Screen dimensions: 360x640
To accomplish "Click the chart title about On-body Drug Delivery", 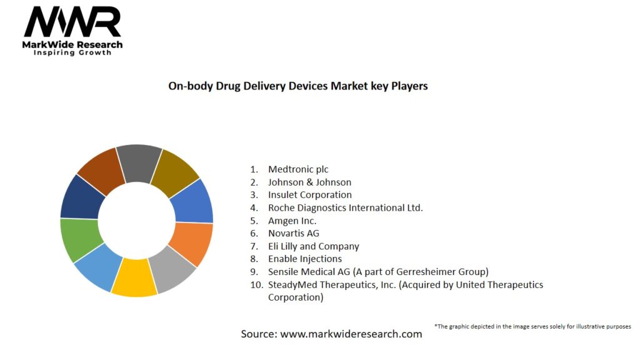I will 298,86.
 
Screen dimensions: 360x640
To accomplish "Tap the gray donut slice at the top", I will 139,162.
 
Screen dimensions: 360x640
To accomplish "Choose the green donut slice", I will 78,239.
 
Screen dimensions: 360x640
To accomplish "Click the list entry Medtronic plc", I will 298,169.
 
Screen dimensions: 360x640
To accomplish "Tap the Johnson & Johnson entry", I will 309,182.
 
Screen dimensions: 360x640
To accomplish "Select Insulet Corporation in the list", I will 309,195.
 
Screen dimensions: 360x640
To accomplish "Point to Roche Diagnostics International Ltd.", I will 345,207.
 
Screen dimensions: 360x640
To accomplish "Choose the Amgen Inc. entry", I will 292,221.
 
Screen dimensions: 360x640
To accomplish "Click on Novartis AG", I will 294,233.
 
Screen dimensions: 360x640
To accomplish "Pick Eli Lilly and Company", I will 313,246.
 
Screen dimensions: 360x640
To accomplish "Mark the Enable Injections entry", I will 305,259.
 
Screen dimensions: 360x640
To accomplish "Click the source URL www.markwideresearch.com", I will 351,334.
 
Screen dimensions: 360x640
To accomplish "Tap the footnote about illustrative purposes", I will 532,326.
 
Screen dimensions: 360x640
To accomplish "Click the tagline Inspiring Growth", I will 72,53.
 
